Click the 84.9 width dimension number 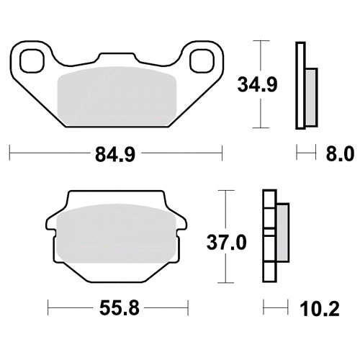coord(115,155)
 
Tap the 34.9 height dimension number coord(257,84)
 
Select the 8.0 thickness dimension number coord(340,153)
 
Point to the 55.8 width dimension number coord(120,308)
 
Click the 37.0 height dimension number coord(227,243)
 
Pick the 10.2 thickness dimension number coord(320,309)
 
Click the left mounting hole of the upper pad coord(32,60)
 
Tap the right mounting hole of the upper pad coord(202,60)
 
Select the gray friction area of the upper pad coord(117,96)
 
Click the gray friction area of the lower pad coord(116,233)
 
